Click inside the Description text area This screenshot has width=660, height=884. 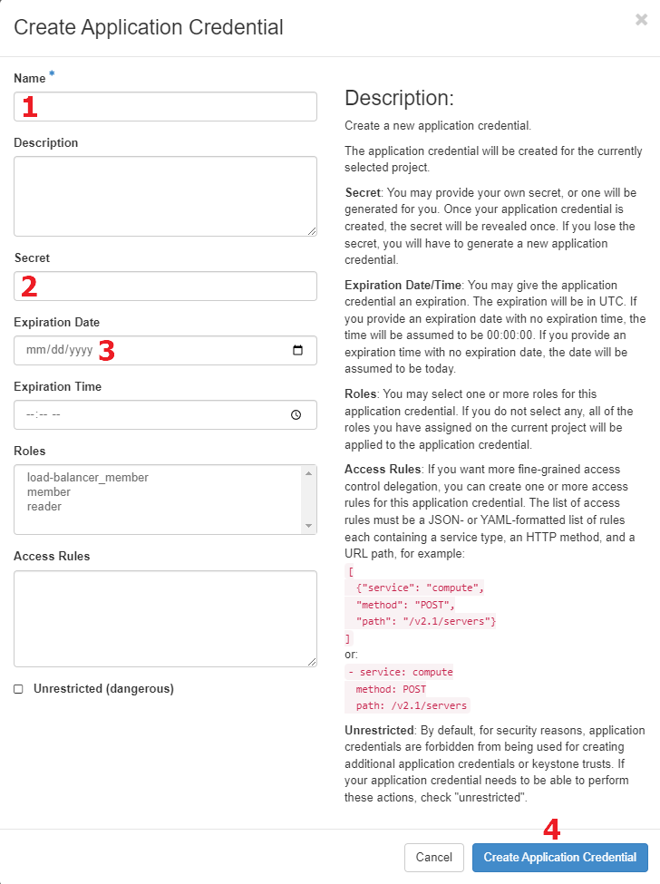[165, 196]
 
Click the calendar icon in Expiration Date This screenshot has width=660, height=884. [297, 351]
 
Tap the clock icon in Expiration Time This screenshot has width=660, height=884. [296, 415]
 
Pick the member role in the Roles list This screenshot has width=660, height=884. [49, 492]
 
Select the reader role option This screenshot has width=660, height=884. [44, 507]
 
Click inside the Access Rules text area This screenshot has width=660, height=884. [165, 618]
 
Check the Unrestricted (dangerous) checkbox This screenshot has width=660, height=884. [18, 689]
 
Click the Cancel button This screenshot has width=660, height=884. [433, 858]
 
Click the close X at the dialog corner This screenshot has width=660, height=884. [641, 20]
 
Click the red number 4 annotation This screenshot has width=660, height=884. [551, 830]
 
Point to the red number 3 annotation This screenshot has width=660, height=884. [106, 351]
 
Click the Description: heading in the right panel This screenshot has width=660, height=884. [399, 98]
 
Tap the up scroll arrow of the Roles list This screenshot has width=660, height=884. [309, 473]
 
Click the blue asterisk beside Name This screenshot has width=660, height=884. [52, 74]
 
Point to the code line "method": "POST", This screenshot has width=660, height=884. [405, 605]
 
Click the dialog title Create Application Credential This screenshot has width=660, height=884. [149, 27]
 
